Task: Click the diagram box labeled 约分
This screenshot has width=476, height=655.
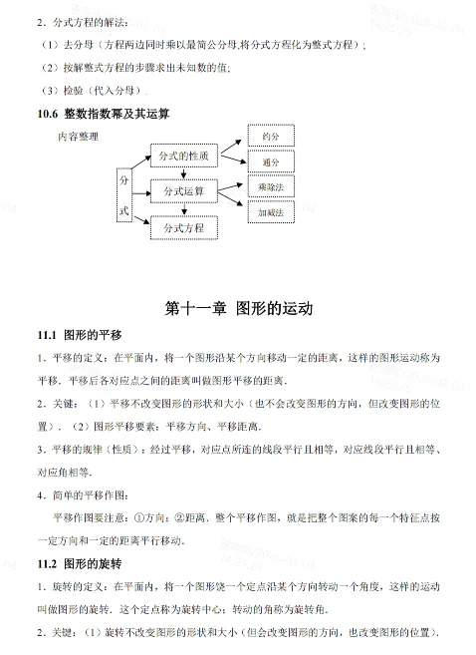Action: pyautogui.click(x=270, y=137)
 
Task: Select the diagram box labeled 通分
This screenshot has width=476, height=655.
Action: pyautogui.click(x=270, y=162)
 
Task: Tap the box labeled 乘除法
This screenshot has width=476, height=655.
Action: pyautogui.click(x=270, y=187)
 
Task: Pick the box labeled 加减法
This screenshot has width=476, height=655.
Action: pyautogui.click(x=270, y=212)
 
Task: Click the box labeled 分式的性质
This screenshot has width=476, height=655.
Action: pyautogui.click(x=184, y=157)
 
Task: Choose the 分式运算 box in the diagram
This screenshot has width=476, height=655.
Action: pyautogui.click(x=184, y=191)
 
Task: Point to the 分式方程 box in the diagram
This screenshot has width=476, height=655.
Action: pyautogui.click(x=184, y=227)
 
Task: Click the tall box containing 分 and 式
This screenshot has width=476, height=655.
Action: pyautogui.click(x=124, y=196)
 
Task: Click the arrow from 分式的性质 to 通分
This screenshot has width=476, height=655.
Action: pyautogui.click(x=231, y=160)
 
